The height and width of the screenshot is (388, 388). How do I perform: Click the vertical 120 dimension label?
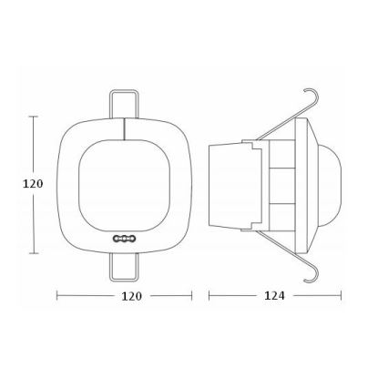(33, 184)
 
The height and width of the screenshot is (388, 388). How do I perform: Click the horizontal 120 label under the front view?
(131, 296)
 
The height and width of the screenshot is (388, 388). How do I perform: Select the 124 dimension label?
(273, 296)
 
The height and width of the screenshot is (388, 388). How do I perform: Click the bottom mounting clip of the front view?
(125, 266)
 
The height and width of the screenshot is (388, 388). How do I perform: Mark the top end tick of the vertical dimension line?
(34, 117)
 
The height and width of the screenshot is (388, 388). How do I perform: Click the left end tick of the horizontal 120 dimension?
(57, 296)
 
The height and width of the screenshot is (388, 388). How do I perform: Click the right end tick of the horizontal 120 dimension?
(192, 296)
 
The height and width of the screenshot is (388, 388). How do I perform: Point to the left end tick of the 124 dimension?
(209, 296)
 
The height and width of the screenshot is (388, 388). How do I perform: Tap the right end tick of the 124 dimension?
(342, 296)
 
